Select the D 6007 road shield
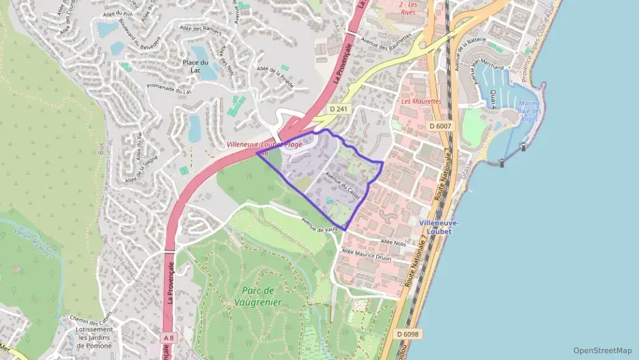[441, 126]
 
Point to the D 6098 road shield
[408, 333]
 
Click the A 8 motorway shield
[169, 337]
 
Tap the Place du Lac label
[195, 66]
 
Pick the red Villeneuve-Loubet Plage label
[264, 145]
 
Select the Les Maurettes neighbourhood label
[421, 101]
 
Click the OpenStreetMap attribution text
[602, 350]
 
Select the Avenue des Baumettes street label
[387, 43]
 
